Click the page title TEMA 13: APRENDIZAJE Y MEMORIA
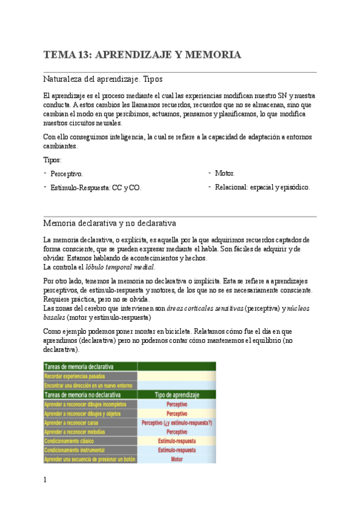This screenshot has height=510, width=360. [x=142, y=55]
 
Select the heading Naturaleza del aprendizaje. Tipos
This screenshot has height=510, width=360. [x=103, y=79]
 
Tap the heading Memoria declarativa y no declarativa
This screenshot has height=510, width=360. [x=109, y=224]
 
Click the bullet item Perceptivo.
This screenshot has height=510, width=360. [x=67, y=174]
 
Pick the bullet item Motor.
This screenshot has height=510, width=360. [x=225, y=173]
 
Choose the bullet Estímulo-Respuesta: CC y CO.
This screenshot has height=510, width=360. [x=96, y=188]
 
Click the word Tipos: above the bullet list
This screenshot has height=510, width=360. [x=52, y=160]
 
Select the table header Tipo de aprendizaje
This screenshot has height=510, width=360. [x=176, y=395]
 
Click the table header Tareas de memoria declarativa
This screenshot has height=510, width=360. [x=81, y=366]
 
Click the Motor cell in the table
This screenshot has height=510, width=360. [x=176, y=459]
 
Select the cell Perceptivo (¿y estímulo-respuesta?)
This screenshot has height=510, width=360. [x=176, y=423]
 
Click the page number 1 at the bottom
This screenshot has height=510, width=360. [x=45, y=480]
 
